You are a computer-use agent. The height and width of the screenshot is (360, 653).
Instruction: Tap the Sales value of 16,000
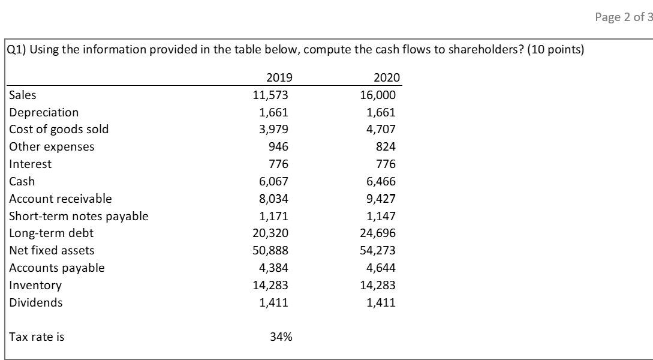[381, 95]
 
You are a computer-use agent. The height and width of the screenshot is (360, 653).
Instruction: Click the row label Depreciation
[44, 112]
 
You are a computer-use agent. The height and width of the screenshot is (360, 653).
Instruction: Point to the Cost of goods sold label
[59, 129]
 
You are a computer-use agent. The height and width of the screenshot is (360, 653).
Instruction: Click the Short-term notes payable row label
[79, 216]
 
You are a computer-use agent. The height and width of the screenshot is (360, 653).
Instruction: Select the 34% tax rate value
[281, 337]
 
